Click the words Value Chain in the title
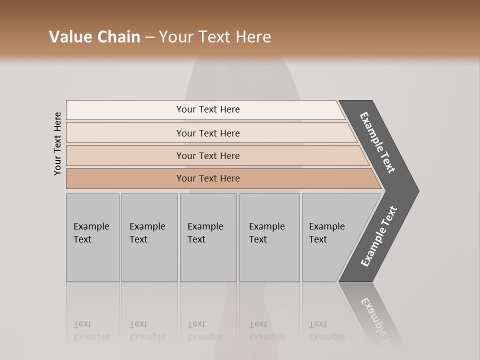click(x=94, y=37)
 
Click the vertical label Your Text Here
click(x=57, y=143)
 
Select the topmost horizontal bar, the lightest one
click(x=208, y=109)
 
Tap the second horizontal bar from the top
click(x=208, y=133)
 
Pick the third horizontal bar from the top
click(x=208, y=155)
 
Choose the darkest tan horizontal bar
click(x=208, y=178)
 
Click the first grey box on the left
click(x=92, y=237)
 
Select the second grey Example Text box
click(x=149, y=237)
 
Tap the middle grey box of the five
click(x=208, y=237)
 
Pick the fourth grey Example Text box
click(x=269, y=237)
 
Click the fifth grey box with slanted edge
click(x=330, y=237)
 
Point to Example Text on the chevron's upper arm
click(x=377, y=142)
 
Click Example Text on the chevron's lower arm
click(x=379, y=236)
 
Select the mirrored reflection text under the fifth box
click(x=327, y=330)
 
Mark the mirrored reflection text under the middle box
click(x=205, y=330)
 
